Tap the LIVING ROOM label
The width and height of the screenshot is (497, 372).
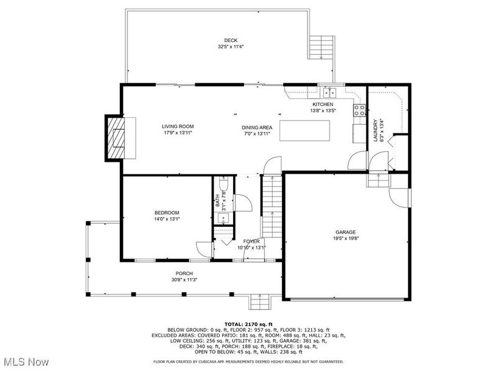pyautogui.click(x=178, y=126)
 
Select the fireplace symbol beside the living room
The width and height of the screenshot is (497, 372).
pyautogui.click(x=116, y=138)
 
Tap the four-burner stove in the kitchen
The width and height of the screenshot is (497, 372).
pyautogui.click(x=359, y=110)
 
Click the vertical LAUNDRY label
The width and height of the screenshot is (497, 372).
pyautogui.click(x=374, y=130)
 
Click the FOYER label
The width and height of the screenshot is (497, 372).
pyautogui.click(x=251, y=241)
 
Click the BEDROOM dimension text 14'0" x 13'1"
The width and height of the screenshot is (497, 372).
pyautogui.click(x=150, y=218)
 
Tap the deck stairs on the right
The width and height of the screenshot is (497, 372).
pyautogui.click(x=321, y=46)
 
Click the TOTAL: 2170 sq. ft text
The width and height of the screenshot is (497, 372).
pyautogui.click(x=248, y=324)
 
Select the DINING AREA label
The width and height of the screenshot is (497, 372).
pyautogui.click(x=257, y=127)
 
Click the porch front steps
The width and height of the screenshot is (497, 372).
pyautogui.click(x=258, y=303)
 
